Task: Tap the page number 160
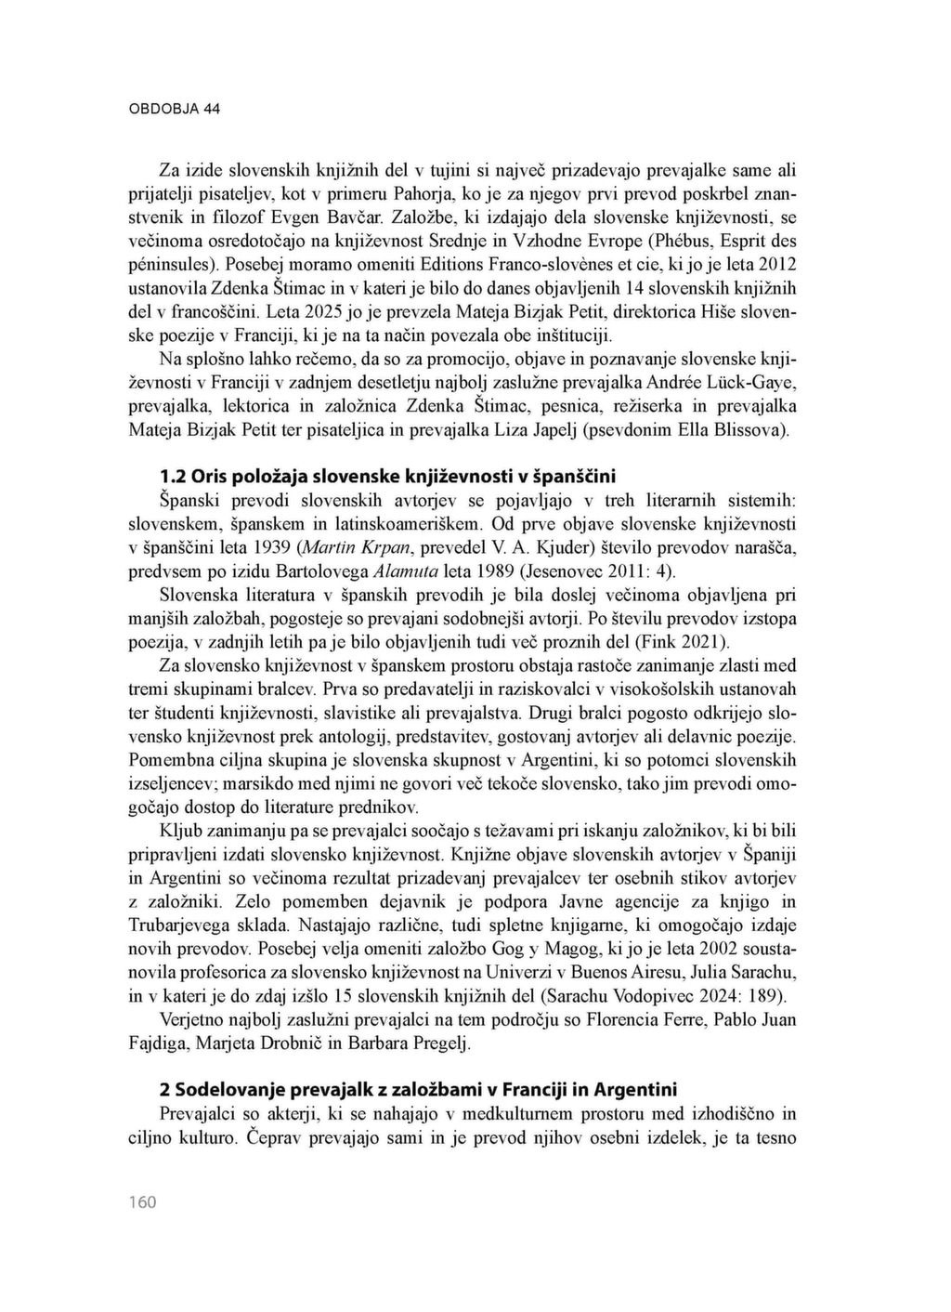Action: (x=142, y=1202)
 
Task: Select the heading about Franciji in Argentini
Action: (x=418, y=1089)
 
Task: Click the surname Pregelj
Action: (x=438, y=1042)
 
